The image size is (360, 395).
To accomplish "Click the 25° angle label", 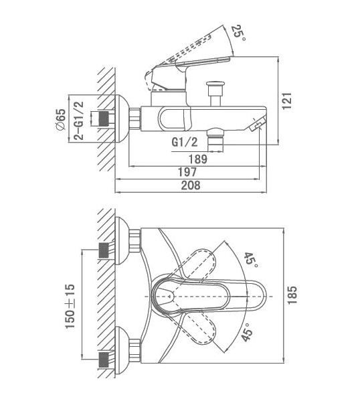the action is coord(238,33).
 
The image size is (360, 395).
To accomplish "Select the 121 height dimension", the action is coord(287,101).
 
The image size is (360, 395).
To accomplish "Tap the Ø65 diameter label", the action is coord(61,119).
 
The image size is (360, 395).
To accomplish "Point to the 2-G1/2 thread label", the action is coord(79,121).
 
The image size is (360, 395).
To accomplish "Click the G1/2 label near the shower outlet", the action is coord(185,143).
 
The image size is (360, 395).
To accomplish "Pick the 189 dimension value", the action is coord(198,159).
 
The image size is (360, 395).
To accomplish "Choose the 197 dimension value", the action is coord(187,172).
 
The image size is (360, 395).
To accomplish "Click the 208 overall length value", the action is coord(191,185).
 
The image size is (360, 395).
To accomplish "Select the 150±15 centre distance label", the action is coord(70,306).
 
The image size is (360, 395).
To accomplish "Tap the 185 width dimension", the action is coord(292,295).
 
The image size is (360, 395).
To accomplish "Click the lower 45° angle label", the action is coord(247,333).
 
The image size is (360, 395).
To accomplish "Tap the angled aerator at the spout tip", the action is coord(258,123).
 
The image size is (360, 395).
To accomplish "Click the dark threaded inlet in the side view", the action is coord(104,118).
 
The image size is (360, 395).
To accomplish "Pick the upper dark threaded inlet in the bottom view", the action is coord(104,250).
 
